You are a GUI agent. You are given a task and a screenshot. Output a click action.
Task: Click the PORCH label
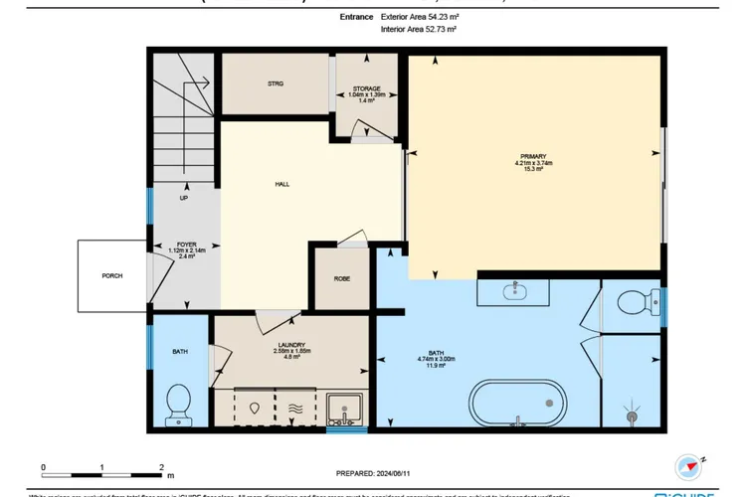tap(112, 275)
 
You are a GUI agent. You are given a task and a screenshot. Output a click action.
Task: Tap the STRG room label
tap(276, 83)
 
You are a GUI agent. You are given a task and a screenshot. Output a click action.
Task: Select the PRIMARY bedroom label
tap(534, 156)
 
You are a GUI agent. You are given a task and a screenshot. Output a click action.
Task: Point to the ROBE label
tap(340, 278)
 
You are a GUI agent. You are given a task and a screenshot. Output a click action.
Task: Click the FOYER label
tap(186, 243)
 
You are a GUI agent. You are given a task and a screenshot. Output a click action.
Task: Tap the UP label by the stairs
tap(184, 198)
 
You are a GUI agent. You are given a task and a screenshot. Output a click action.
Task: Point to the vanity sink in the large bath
tap(515, 291)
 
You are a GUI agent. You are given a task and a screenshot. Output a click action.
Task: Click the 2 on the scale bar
tap(161, 466)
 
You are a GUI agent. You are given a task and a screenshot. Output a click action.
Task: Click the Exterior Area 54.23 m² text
tap(419, 17)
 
